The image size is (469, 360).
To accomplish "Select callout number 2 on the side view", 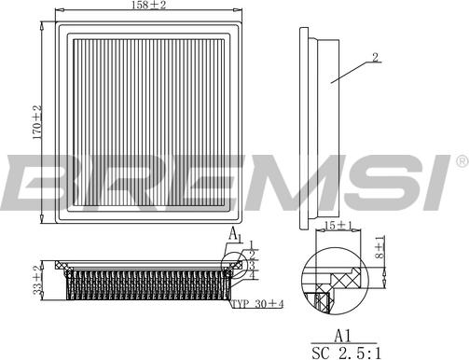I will [375, 58].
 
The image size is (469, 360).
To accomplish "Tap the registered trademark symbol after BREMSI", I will [461, 162].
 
